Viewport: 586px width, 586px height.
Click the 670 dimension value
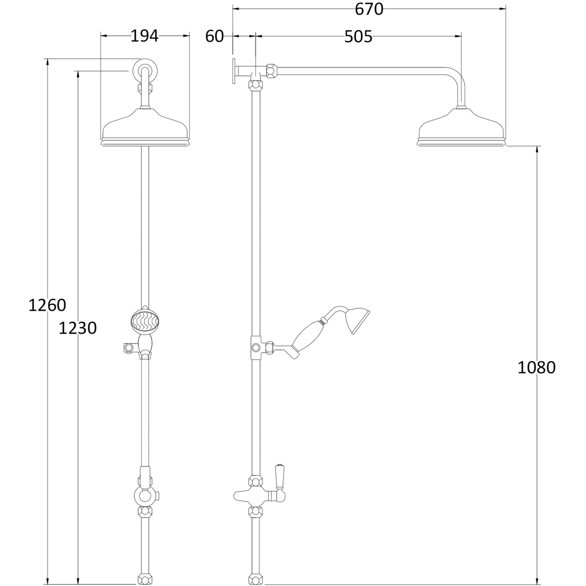[369, 9]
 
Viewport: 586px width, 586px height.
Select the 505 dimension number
[358, 36]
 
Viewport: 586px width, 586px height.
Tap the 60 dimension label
[214, 36]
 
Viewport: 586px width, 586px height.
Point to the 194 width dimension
[145, 36]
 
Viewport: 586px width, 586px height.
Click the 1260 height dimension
[47, 305]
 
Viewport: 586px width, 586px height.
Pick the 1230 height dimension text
[78, 328]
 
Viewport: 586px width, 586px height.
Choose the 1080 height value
[536, 368]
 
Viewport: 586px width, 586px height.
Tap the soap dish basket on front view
[145, 319]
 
